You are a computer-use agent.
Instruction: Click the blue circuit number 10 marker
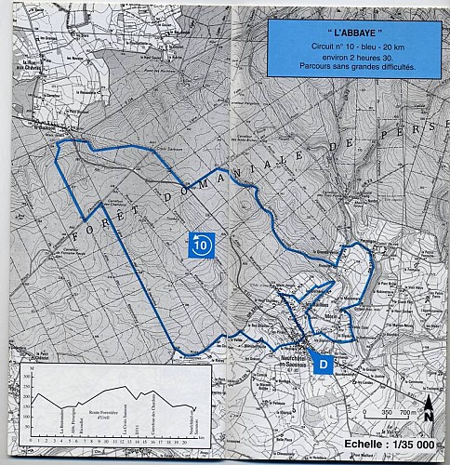(204, 245)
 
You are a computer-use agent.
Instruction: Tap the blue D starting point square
(322, 365)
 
